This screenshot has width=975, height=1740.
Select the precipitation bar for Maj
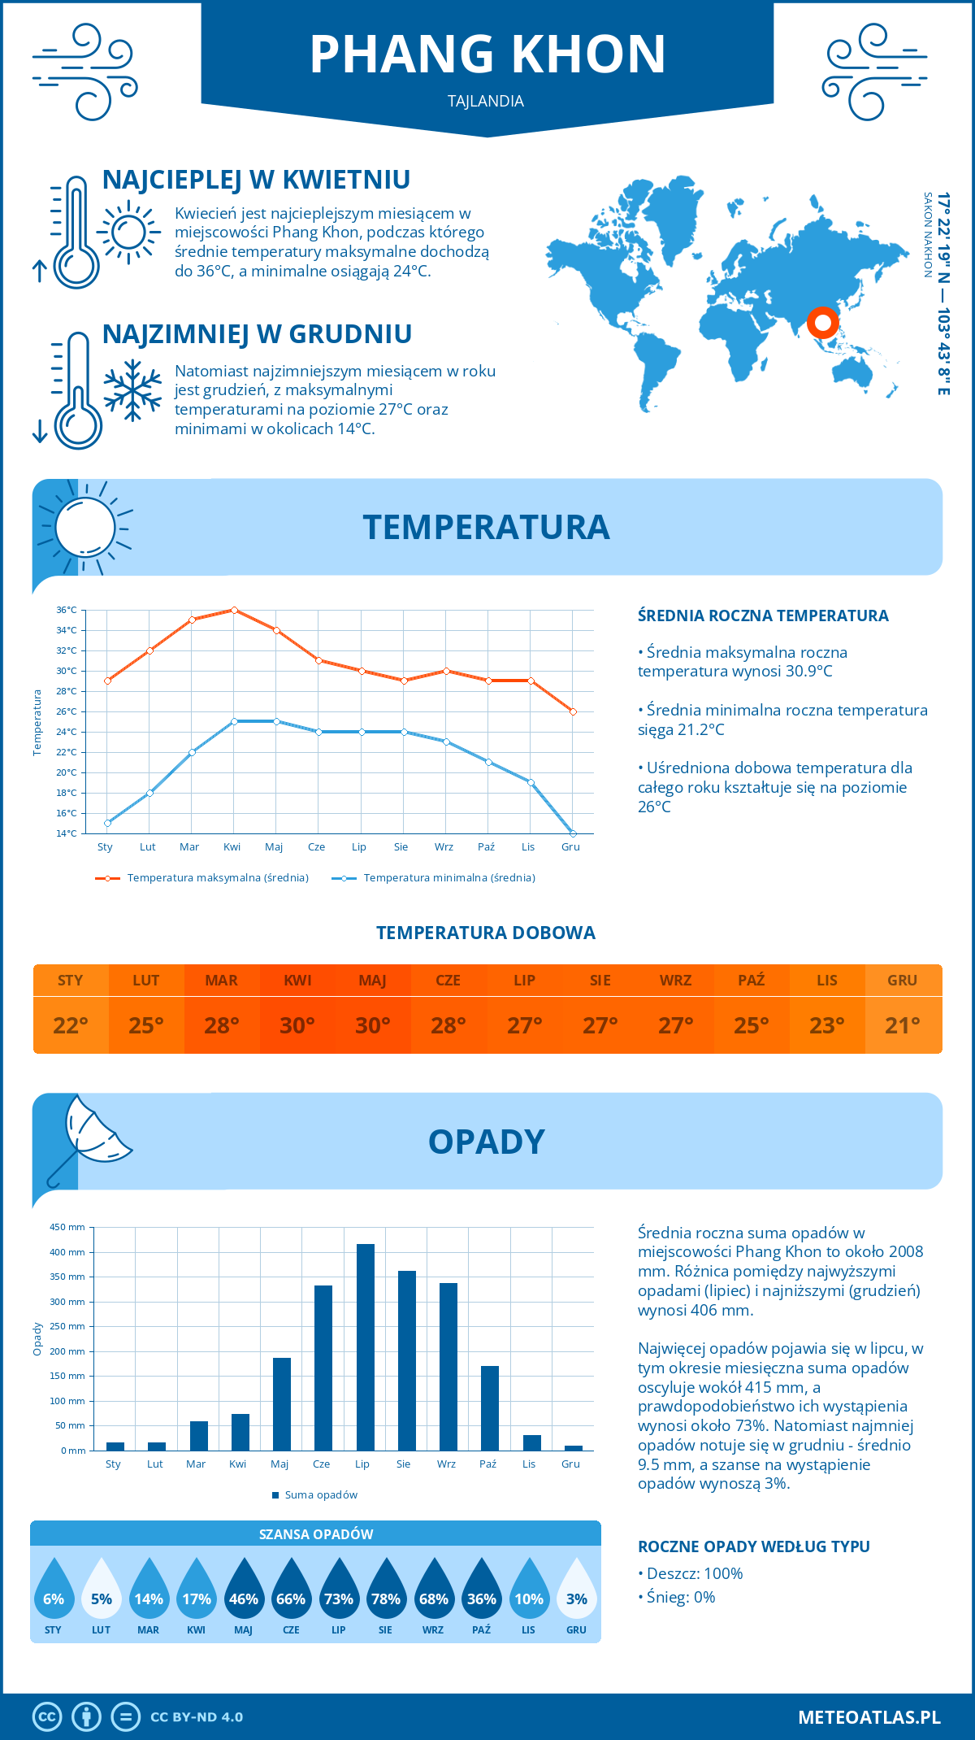coord(282,1404)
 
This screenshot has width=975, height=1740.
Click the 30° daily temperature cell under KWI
coord(297,1025)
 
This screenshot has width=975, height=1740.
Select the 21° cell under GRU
coord(903,1025)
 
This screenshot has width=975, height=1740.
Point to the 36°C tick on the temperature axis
coord(67,610)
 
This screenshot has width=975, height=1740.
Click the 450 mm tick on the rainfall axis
coord(68,1227)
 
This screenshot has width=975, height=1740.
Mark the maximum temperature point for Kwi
coord(234,610)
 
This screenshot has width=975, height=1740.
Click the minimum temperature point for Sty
coord(107,823)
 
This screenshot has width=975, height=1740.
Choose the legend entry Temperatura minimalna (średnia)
coord(448,878)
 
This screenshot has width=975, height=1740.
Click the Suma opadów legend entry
coord(321,1495)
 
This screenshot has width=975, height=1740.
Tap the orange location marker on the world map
coord(822,323)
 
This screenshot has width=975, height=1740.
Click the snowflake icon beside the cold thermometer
coord(132,390)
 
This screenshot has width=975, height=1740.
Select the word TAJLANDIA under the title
coord(486,102)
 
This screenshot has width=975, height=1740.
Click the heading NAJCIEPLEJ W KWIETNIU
coord(256,180)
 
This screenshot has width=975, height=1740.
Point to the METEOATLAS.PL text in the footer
coord(869,1717)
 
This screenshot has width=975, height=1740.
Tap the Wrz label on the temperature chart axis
coord(444,847)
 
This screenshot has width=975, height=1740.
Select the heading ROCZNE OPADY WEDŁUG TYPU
coord(753,1546)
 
